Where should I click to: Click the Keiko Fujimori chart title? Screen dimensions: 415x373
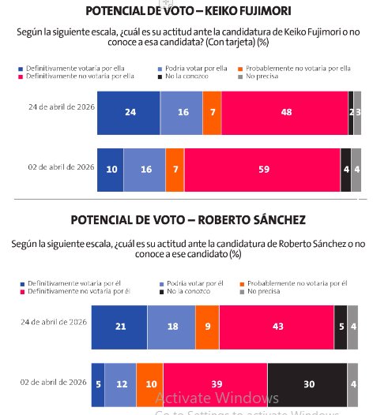click(186, 11)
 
